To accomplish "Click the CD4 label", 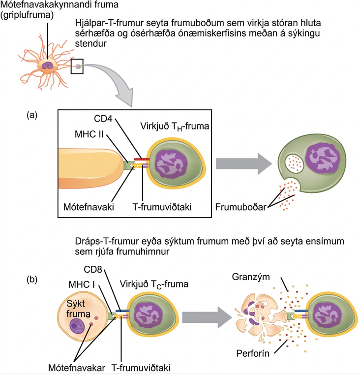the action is [x=103, y=119].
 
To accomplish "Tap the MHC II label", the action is [x=89, y=134].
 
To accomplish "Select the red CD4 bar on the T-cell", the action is [x=141, y=159].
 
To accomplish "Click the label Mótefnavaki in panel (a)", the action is [x=89, y=207].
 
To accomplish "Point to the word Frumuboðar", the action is [x=240, y=207].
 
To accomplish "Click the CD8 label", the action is [x=93, y=270].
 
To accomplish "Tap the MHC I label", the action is [x=82, y=284].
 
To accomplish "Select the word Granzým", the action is [x=251, y=277].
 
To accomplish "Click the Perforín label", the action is [x=253, y=353].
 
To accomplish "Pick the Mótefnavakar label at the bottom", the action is [x=77, y=368].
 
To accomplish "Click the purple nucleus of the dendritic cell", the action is [x=48, y=65].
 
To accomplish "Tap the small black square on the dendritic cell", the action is [x=77, y=66].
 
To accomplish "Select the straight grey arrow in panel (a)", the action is [x=244, y=164].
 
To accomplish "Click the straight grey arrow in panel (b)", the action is [x=207, y=317].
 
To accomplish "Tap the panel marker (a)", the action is [x=32, y=115].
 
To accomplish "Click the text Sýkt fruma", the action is [x=78, y=309].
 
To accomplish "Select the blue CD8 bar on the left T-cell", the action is [x=122, y=311].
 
